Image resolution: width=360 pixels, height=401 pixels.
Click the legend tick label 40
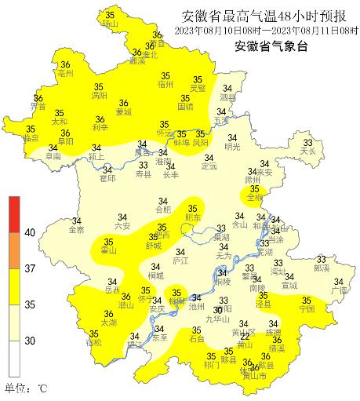30,233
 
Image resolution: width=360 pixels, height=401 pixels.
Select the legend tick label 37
30,268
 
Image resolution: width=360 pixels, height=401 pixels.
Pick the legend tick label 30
30,341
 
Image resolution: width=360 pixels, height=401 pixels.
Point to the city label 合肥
162,210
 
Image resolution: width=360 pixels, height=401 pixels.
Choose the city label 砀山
109,24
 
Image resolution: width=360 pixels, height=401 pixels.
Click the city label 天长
307,151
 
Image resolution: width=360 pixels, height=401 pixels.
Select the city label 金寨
76,230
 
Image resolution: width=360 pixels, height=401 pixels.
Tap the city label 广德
338,290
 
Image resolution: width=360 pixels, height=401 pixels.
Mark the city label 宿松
93,343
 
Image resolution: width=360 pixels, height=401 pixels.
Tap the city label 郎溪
322,268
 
